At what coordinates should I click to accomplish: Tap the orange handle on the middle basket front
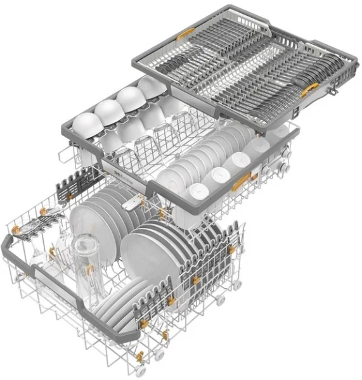240,184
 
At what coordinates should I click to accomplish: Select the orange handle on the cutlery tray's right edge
310,90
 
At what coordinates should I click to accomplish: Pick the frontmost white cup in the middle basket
198,190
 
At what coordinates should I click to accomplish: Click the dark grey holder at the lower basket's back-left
69,186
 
